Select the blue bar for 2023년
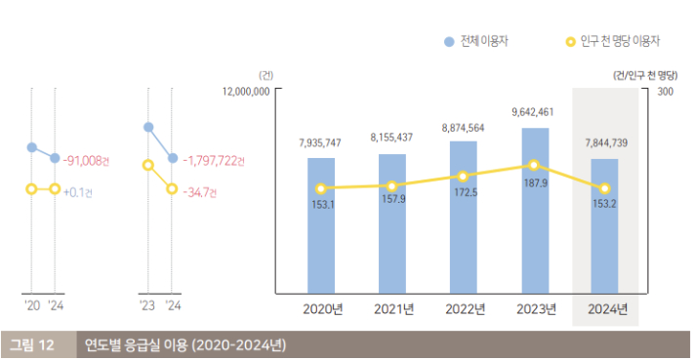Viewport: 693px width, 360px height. tap(534, 210)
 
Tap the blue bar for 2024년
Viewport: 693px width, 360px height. tap(605, 225)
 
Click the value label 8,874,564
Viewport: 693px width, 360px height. tap(463, 128)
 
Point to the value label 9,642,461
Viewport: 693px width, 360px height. tap(533, 113)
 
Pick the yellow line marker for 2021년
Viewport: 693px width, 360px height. tap(391, 185)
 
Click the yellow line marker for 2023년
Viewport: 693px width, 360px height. tap(534, 166)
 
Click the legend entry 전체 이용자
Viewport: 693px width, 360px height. tap(477, 41)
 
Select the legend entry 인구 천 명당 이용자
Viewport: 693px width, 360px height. tap(613, 41)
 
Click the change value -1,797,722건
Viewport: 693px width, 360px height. tap(213, 159)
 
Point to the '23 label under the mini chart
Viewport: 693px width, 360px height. tap(147, 305)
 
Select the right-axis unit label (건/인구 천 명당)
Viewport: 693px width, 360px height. tap(645, 74)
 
